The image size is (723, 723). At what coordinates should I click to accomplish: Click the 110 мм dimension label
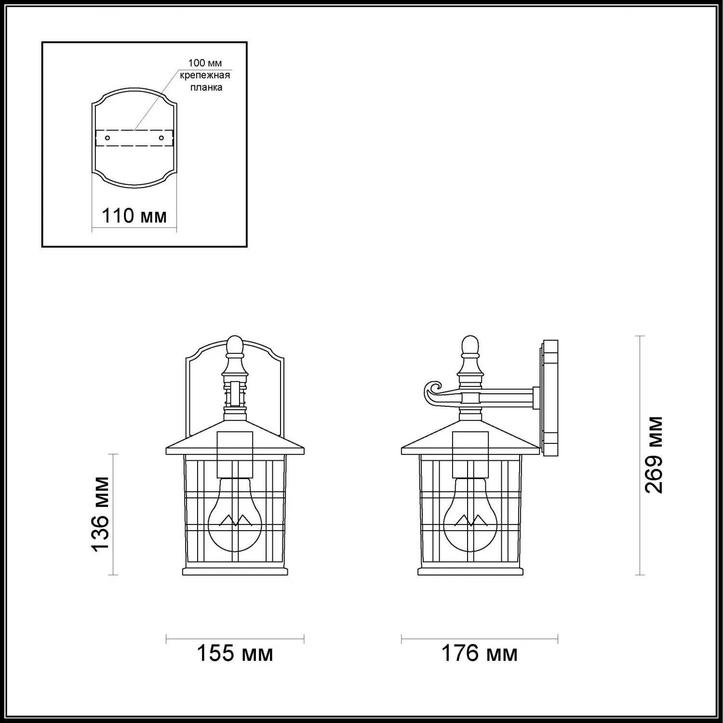[134, 215]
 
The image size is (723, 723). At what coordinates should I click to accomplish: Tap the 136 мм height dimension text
[101, 514]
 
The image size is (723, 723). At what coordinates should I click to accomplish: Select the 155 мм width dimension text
[235, 654]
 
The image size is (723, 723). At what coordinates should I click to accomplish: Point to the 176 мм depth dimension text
[480, 654]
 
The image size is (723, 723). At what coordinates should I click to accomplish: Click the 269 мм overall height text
[654, 455]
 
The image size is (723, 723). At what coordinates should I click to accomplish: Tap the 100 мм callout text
[204, 63]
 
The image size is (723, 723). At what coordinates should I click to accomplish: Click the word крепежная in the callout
[205, 75]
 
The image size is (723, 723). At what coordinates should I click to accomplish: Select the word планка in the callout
[206, 87]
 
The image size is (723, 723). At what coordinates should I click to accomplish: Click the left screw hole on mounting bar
[108, 138]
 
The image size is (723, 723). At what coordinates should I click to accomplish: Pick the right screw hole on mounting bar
[161, 138]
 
